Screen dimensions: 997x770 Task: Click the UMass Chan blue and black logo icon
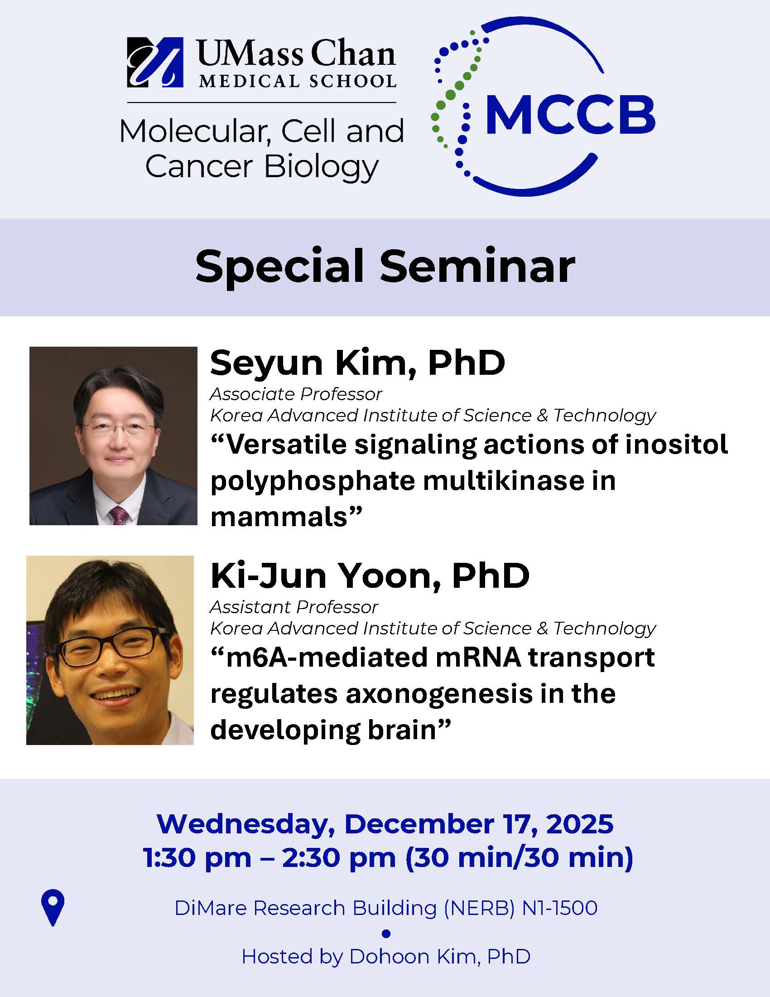(x=154, y=63)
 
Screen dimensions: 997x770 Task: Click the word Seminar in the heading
(x=477, y=266)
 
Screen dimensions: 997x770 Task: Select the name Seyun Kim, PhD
(x=357, y=363)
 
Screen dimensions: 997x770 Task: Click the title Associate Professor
(x=296, y=394)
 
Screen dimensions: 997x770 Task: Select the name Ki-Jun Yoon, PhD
(x=370, y=576)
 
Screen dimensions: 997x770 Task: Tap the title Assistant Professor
(x=294, y=607)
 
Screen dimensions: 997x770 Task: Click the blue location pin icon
(x=53, y=907)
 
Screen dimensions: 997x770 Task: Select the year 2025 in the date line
(x=579, y=824)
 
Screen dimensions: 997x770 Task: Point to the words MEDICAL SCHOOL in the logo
(x=298, y=81)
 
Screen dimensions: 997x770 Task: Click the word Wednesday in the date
(x=242, y=824)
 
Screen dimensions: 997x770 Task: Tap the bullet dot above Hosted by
(x=386, y=934)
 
